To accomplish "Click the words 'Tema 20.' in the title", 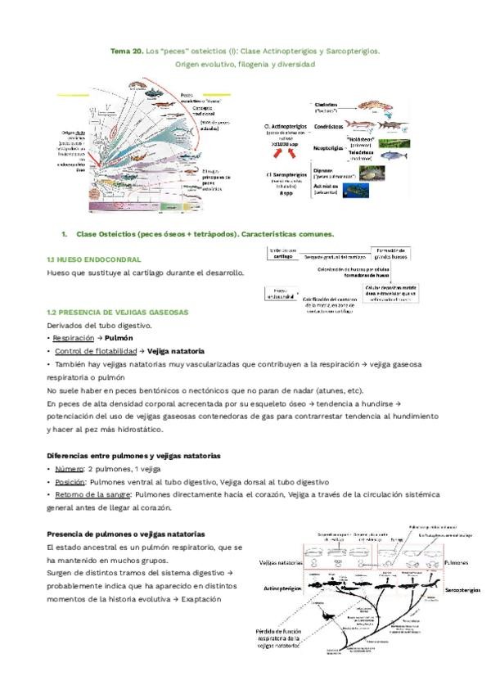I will coord(126,51).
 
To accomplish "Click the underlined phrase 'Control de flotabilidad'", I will coord(90,350).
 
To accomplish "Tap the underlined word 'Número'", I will coord(70,469).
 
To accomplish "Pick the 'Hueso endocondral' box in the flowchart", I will coord(280,293).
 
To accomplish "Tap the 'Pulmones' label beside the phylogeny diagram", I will coord(457,563).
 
